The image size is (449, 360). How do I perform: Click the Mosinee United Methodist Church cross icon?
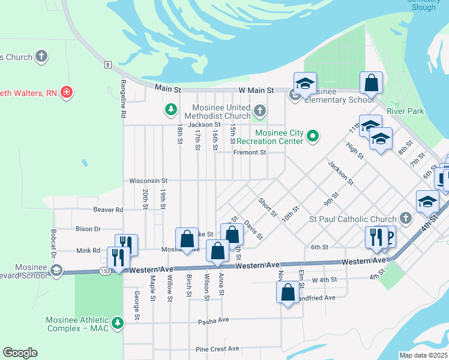259,110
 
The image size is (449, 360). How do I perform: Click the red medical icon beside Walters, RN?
67,92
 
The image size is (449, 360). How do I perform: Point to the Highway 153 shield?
105,271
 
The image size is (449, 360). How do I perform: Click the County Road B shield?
107,64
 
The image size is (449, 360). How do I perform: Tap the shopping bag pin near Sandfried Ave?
288,293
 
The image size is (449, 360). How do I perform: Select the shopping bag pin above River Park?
372,83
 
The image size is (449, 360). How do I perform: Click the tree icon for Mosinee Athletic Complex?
118,323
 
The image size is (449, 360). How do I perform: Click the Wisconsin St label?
148,180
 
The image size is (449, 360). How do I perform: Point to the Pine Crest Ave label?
217,349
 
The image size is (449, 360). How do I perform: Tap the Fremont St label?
250,152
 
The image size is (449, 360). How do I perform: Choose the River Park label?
405,111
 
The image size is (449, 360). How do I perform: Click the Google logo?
20,353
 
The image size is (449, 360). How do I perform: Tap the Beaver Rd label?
108,209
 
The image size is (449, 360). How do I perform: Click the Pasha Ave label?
214,322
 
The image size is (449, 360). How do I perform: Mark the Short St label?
267,208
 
